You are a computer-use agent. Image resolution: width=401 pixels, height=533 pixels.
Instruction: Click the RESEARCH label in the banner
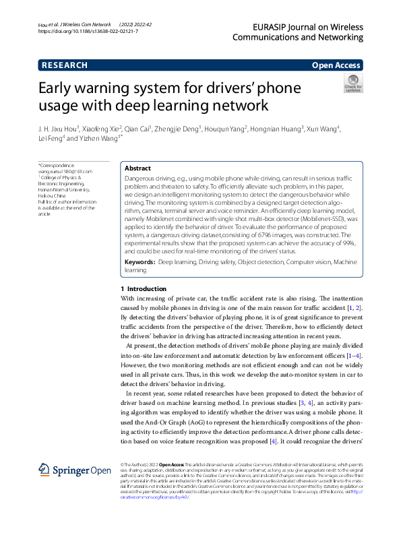[65, 65]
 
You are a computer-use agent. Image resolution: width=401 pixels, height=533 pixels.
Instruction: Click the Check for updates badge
[352, 84]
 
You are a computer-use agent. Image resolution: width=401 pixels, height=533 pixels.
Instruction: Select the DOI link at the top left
[88, 32]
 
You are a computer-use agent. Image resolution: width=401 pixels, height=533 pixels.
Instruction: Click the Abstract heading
[138, 168]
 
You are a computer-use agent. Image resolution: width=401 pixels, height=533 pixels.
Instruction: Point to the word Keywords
[140, 260]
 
